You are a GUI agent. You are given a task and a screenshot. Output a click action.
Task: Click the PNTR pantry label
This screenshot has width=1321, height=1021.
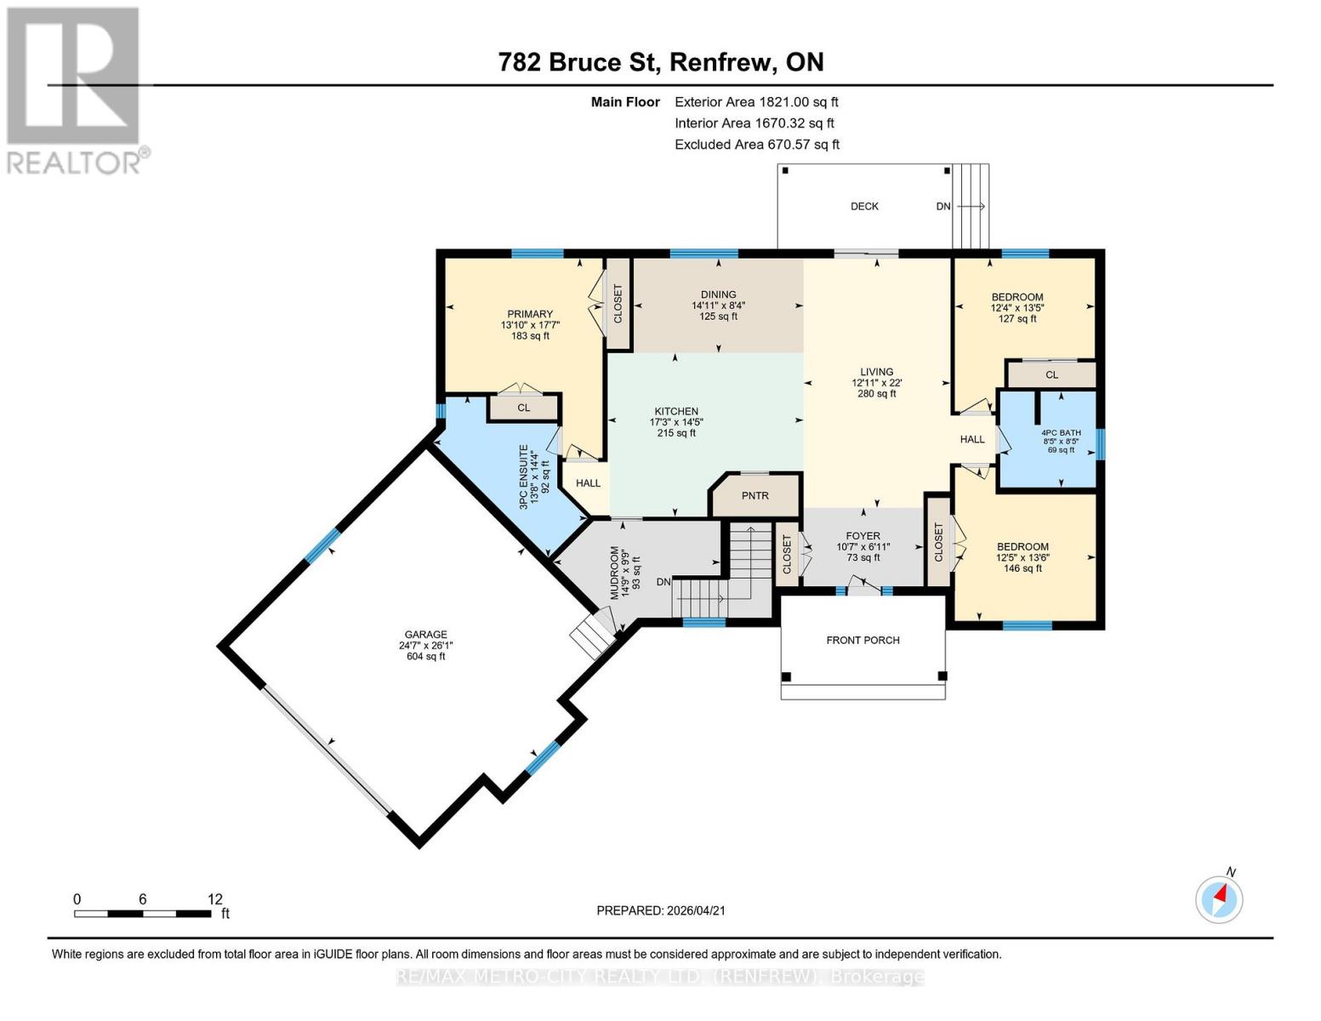click(754, 495)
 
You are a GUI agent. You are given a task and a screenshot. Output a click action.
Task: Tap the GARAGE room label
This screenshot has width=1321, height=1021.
click(425, 635)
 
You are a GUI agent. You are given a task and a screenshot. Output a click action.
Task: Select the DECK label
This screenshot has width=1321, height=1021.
click(864, 207)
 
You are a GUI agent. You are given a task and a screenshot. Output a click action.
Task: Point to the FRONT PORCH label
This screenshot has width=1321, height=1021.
click(863, 641)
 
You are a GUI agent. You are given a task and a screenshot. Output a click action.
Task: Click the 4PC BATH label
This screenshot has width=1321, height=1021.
click(1062, 433)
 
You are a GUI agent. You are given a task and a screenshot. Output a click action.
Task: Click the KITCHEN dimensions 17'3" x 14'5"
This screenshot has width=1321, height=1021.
click(676, 422)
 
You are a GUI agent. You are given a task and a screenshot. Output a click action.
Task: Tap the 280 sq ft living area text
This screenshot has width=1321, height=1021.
click(876, 394)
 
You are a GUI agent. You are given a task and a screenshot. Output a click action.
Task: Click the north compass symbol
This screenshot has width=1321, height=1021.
click(1219, 898)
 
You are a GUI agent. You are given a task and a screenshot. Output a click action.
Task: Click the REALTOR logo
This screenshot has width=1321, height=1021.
click(75, 89)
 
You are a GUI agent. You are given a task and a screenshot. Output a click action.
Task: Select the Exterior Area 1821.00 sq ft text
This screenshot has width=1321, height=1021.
click(756, 102)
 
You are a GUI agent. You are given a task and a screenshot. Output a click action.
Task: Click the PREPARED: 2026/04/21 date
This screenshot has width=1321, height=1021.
click(661, 910)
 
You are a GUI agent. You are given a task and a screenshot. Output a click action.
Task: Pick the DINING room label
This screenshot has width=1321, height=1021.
click(719, 294)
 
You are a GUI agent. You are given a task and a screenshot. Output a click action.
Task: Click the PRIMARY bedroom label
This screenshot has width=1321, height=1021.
click(530, 314)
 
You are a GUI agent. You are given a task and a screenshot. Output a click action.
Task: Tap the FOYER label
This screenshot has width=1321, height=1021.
click(863, 536)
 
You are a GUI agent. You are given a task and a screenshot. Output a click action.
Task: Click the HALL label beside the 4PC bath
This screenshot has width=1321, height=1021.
click(971, 440)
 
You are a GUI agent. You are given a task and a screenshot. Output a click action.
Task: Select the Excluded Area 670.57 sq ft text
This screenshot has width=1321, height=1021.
click(757, 145)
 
